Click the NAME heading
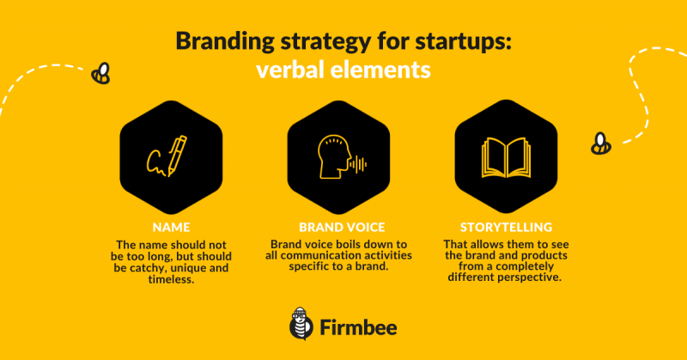(x=171, y=227)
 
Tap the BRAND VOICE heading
(x=342, y=227)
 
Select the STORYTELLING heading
(x=506, y=227)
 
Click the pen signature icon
(x=167, y=156)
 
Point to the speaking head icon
(x=342, y=157)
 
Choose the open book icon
(x=506, y=158)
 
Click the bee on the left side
(x=100, y=73)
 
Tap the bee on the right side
(x=600, y=143)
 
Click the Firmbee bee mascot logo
(x=301, y=324)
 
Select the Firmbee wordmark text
(x=358, y=327)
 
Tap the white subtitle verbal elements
(x=343, y=70)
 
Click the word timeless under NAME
(x=171, y=279)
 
